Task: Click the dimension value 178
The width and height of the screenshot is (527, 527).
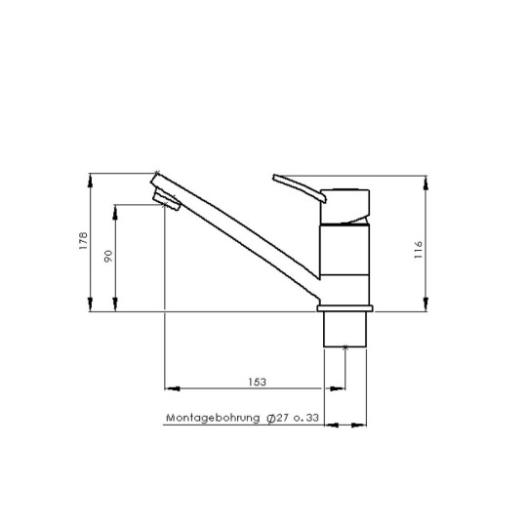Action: [x=84, y=242]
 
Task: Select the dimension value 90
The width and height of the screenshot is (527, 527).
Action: [x=108, y=256]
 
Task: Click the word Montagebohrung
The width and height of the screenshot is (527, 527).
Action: [x=213, y=419]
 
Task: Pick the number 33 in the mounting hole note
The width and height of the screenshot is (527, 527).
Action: [x=312, y=419]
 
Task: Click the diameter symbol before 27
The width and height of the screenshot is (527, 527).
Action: [x=269, y=419]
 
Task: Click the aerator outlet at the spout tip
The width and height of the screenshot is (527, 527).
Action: [x=166, y=202]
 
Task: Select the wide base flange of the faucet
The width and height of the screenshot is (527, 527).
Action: [x=345, y=309]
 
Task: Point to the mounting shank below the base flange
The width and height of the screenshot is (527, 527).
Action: [x=345, y=330]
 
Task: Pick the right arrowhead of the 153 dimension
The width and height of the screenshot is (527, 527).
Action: [x=341, y=388]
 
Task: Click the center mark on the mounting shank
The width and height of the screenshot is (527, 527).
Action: [x=345, y=346]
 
